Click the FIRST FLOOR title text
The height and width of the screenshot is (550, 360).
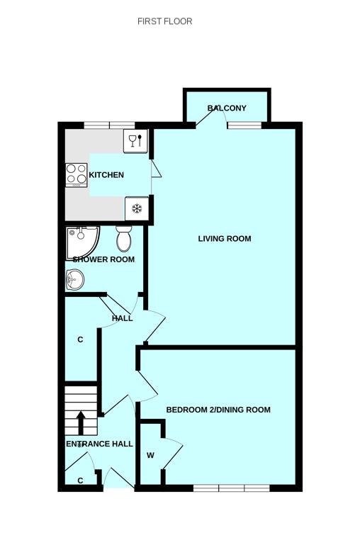(164, 21)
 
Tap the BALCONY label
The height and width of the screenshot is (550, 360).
(227, 108)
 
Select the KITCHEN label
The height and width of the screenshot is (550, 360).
(106, 175)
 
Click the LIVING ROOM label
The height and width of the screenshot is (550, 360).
(224, 239)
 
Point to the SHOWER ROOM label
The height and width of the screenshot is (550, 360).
(103, 259)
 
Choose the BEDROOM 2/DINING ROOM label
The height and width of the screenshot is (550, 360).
(218, 410)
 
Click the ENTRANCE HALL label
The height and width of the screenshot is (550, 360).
(99, 444)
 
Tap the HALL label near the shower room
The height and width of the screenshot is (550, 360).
(122, 318)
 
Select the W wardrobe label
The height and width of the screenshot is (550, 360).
(150, 456)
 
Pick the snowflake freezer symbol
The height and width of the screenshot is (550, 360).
(137, 209)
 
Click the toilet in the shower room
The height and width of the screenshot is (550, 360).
(124, 240)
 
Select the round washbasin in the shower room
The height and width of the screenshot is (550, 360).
(74, 281)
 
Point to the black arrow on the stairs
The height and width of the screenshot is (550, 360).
(81, 422)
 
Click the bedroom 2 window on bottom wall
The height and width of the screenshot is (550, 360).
(231, 488)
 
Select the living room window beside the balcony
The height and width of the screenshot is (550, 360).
(244, 125)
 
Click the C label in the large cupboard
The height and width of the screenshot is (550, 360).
(80, 340)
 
